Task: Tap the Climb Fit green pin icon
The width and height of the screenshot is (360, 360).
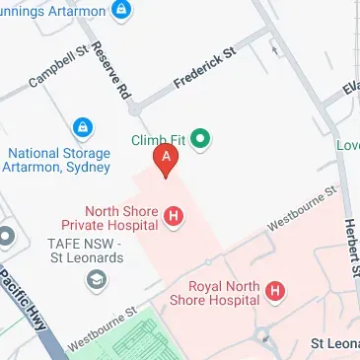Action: (202, 139)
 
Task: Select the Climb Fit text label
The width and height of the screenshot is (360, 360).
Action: (158, 140)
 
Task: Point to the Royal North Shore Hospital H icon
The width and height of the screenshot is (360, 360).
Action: (277, 291)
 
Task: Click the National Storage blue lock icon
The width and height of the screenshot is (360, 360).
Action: (82, 127)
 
